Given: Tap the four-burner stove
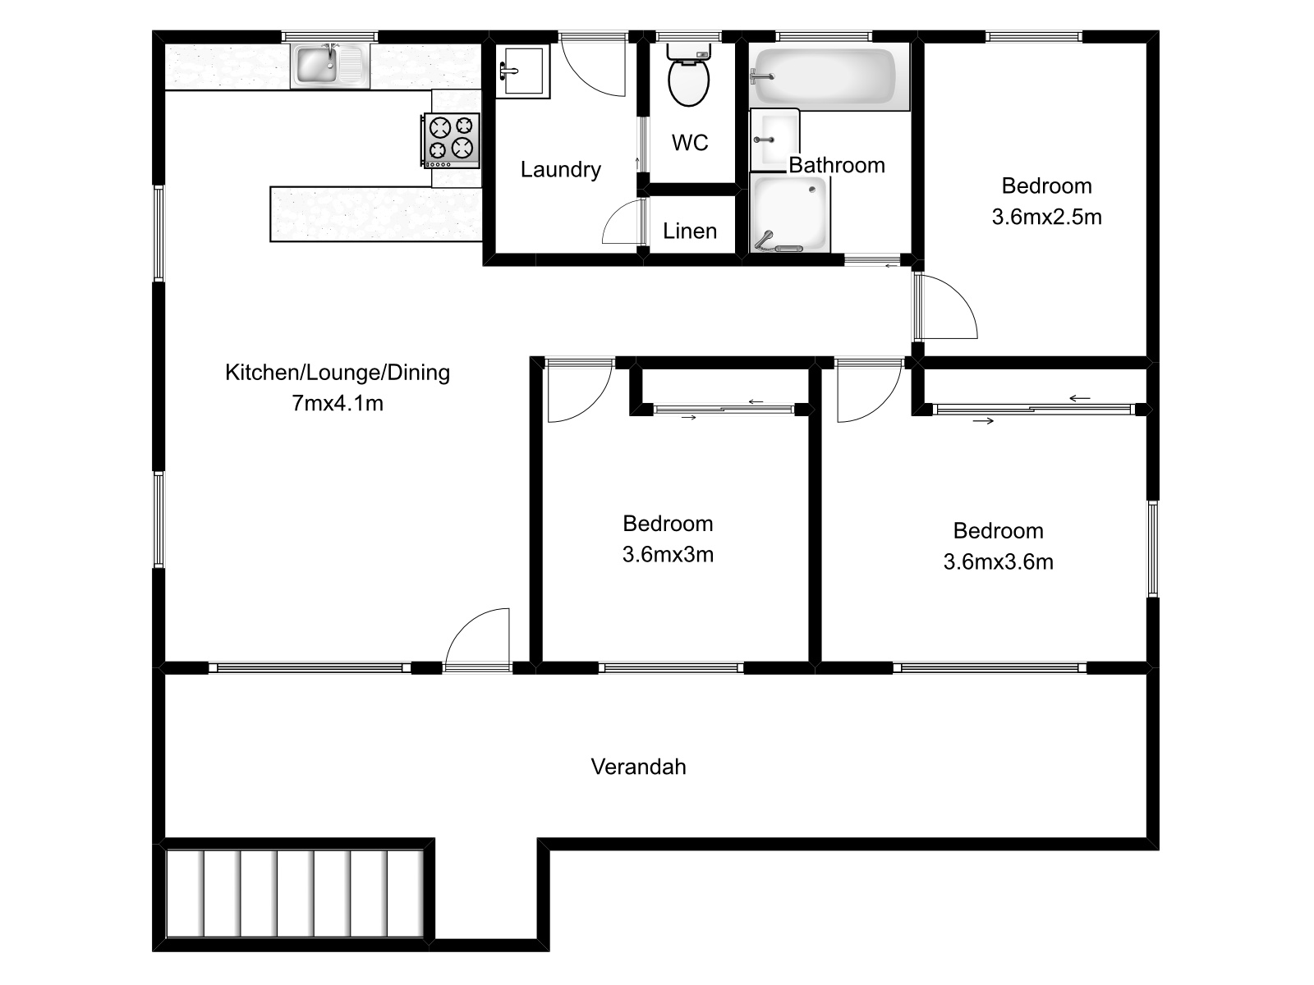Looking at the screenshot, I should (x=452, y=138).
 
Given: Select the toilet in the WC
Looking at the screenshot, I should (x=689, y=78).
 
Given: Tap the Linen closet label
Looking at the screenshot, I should (x=690, y=231).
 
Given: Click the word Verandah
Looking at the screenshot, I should (x=638, y=767).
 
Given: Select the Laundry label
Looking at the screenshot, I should (x=561, y=170).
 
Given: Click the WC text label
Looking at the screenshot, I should (x=690, y=143).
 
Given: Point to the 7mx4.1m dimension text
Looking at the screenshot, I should (x=338, y=403).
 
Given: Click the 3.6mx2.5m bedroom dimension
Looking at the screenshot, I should (x=1046, y=218).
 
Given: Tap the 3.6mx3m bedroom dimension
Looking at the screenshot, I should (x=668, y=555).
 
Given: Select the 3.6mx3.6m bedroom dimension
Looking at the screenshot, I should (x=998, y=562).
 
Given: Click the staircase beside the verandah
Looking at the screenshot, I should (x=295, y=893).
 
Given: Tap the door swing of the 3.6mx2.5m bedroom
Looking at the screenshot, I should (x=944, y=308).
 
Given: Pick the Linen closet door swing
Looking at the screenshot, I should (x=624, y=223).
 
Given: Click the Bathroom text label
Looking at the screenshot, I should (x=837, y=165).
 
